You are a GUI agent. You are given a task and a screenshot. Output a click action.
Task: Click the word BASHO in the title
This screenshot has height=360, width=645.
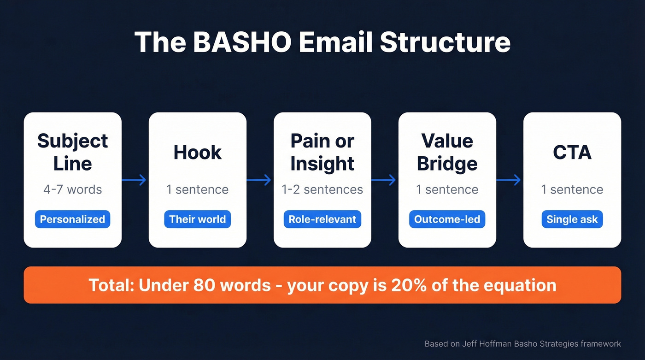[242, 42]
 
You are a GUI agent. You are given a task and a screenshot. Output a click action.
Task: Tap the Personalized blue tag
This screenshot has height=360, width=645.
[72, 219]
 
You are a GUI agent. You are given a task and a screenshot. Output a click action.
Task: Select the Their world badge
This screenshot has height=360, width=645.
[197, 219]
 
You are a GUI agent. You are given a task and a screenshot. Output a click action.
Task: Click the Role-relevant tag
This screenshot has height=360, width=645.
[322, 219]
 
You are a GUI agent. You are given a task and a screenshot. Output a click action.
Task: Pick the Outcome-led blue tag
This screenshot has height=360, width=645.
[447, 219]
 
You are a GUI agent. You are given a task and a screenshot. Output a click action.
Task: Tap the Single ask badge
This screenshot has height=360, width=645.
[572, 219]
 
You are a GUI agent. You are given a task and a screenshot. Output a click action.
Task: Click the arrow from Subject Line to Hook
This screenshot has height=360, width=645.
[135, 180]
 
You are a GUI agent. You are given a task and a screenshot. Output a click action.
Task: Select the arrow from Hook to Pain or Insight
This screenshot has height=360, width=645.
[259, 180]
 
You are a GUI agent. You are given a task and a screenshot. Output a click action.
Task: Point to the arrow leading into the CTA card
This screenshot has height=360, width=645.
[509, 180]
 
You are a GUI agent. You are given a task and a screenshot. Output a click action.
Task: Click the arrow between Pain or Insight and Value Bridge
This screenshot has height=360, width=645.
[384, 180]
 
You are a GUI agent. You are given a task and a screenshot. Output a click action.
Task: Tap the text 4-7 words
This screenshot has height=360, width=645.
[72, 189]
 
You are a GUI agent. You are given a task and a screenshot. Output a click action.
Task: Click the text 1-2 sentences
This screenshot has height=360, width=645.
[322, 189]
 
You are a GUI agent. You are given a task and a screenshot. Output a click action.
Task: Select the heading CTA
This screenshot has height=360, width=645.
[572, 153]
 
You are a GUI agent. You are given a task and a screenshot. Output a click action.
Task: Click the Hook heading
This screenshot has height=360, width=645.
[197, 153]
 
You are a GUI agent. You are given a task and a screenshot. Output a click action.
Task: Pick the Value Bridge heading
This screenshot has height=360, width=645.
[447, 152]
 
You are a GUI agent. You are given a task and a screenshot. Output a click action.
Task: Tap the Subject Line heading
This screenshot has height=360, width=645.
[72, 152]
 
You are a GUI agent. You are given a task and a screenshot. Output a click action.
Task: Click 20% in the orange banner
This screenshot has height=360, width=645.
[408, 285]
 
